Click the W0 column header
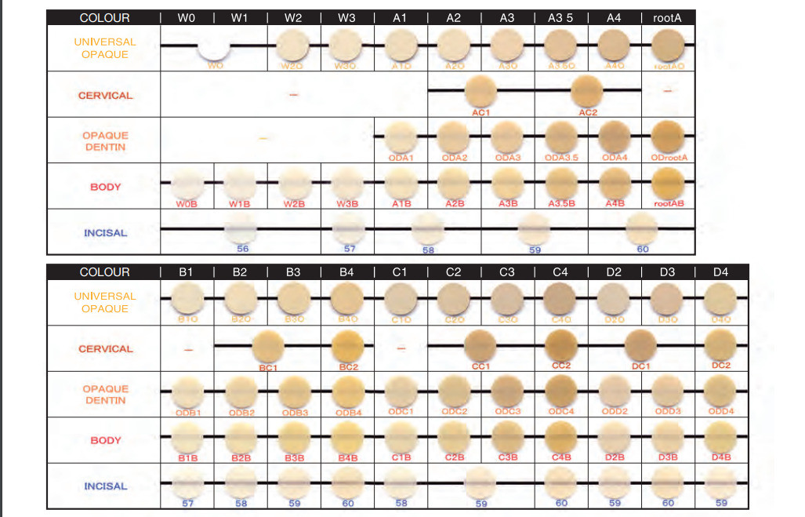click(x=186, y=17)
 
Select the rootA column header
click(x=669, y=17)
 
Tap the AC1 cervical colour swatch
click(x=481, y=94)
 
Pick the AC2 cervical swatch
click(x=588, y=94)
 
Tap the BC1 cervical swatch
click(x=268, y=347)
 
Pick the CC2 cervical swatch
click(x=561, y=346)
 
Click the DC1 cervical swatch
click(x=642, y=346)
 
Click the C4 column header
click(x=560, y=272)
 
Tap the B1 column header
click(x=186, y=272)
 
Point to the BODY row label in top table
click(x=105, y=187)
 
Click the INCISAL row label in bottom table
click(x=105, y=486)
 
